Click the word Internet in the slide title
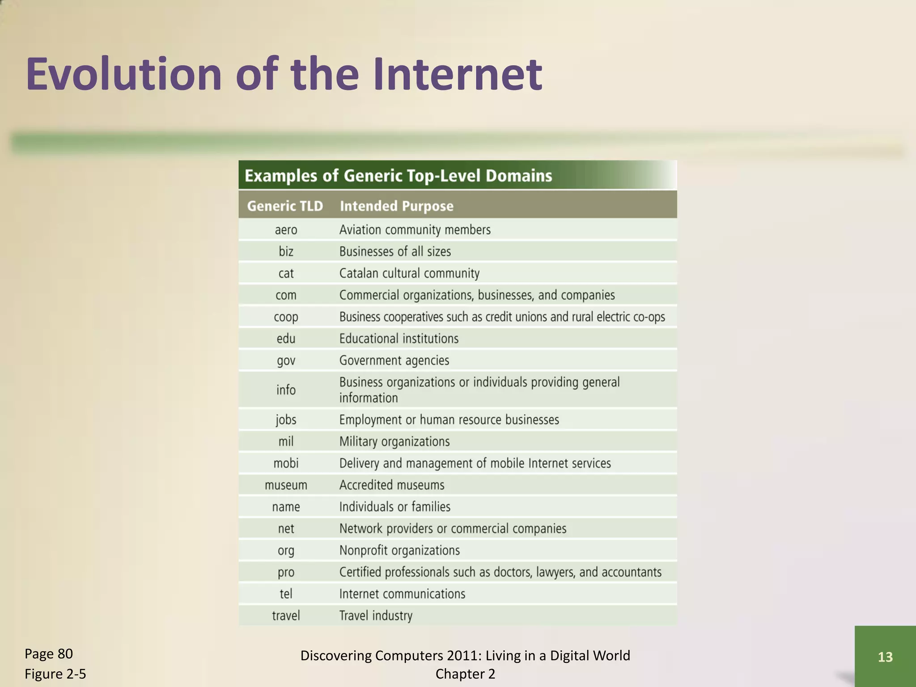coord(457,74)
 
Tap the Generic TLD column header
coord(285,206)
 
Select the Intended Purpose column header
coord(396,206)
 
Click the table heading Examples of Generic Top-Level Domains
coord(398,176)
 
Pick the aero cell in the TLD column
coord(286,230)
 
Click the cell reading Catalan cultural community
coord(409,273)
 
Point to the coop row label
coord(286,317)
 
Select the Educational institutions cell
coord(399,339)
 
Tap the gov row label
coord(286,360)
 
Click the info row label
coord(286,390)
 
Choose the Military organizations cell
coord(394,441)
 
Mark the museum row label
coord(286,485)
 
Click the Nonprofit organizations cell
coord(399,551)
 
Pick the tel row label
coord(286,594)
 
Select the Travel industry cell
coord(375,616)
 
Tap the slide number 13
coord(885,657)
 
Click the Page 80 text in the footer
coord(48,654)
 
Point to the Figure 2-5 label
coord(55,674)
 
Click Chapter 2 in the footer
coord(465,674)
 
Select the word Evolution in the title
coord(123,74)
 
